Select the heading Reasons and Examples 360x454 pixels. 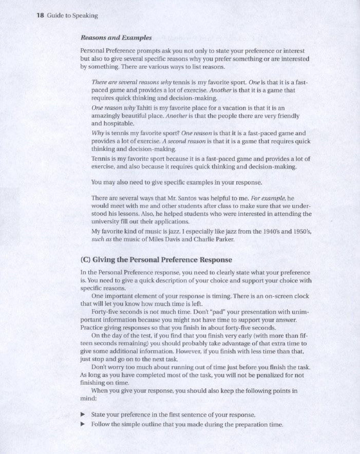coord(116,37)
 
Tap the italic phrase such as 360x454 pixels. coord(101,239)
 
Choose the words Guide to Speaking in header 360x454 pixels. coord(72,15)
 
